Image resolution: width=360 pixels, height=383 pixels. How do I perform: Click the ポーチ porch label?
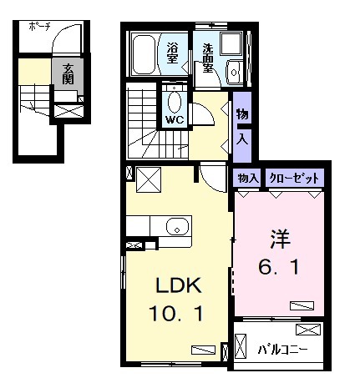coord(40,27)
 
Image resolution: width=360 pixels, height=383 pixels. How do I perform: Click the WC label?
coord(174,118)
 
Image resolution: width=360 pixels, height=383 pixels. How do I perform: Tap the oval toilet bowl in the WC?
coord(175,101)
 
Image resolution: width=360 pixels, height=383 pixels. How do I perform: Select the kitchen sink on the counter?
coord(175,227)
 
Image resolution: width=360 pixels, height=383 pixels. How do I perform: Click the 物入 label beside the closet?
coord(246,178)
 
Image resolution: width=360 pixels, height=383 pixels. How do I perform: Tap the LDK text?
coord(177,286)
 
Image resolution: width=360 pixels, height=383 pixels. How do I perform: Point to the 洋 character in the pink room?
coord(278,239)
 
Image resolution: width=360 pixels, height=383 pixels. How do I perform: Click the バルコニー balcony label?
coord(281,347)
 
